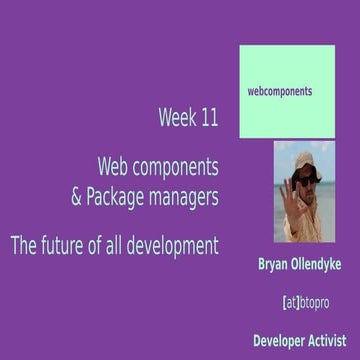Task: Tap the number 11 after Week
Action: [206, 118]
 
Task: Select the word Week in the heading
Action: [175, 118]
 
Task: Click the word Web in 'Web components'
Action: [114, 161]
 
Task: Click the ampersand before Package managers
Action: [76, 198]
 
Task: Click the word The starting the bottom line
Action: [21, 243]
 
